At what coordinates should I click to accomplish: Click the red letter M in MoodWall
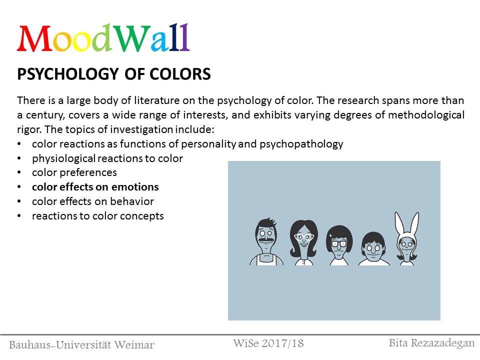pyautogui.click(x=34, y=38)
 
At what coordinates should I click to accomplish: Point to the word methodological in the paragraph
pyautogui.click(x=426, y=115)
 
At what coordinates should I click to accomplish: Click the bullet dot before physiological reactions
pyautogui.click(x=19, y=158)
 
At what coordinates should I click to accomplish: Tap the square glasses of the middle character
pyautogui.click(x=338, y=244)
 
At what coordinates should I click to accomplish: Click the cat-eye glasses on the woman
pyautogui.click(x=303, y=236)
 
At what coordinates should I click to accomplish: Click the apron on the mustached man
pyautogui.click(x=266, y=259)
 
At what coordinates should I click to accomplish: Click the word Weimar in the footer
pyautogui.click(x=134, y=344)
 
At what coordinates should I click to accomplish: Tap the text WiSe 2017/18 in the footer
pyautogui.click(x=268, y=343)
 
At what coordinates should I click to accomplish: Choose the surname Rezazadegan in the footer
pyautogui.click(x=442, y=343)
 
